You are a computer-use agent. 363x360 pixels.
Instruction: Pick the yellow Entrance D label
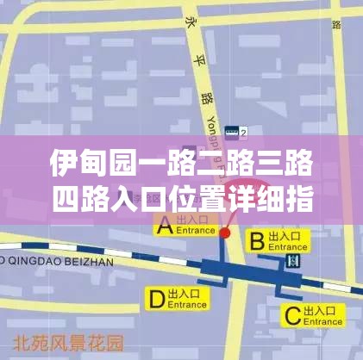(x=178, y=299)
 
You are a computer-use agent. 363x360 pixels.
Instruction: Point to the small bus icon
(x=231, y=133)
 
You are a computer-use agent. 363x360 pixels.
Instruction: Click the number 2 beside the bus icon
(x=244, y=133)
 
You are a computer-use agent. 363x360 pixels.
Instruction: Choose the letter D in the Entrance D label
(x=156, y=299)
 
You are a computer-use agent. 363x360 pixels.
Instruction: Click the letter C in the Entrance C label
(x=291, y=314)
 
